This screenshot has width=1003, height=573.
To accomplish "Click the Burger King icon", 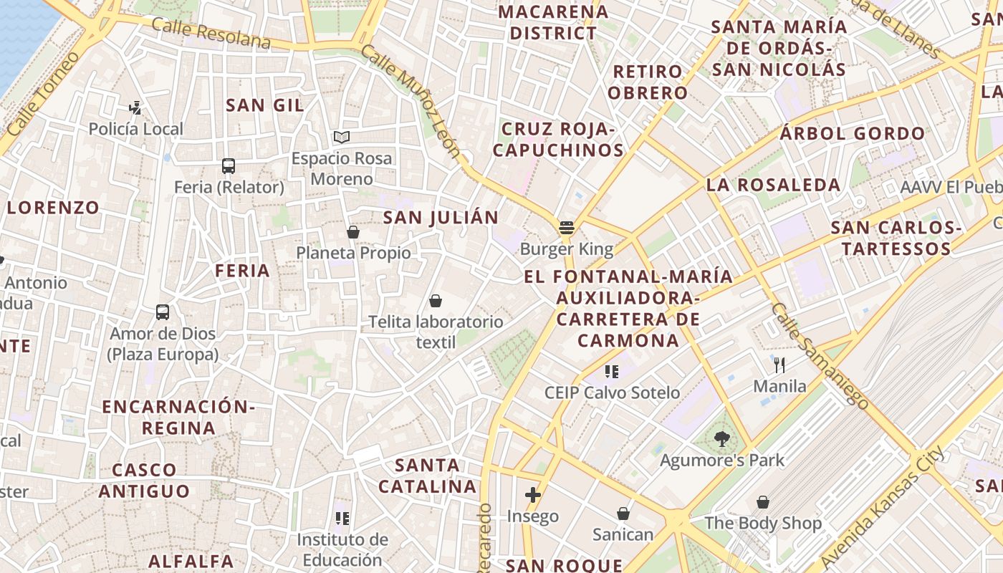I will point(567,228).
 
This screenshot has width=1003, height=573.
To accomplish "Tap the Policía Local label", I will point(136,130).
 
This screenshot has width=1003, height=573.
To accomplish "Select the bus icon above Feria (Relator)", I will point(229,166).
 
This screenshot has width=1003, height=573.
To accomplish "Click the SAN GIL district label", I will point(265,105).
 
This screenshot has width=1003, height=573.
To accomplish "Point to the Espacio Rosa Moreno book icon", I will point(342,137).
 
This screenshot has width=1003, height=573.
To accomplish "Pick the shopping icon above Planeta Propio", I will point(352,232).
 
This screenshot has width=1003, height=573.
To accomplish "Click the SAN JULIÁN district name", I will point(441,218).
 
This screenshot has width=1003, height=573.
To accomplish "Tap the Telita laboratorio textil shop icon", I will point(435,301).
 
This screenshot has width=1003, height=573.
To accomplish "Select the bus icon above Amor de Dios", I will point(163,312).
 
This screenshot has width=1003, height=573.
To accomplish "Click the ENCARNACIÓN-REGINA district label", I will point(178,418).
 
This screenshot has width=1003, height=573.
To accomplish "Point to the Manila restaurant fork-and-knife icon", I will point(779,365).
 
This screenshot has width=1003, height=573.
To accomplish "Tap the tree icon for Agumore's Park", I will point(721,439).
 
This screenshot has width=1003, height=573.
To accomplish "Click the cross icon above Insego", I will point(532,495).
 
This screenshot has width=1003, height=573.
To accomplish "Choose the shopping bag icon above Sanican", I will point(623,514).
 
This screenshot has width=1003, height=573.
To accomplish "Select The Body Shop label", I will point(763,524).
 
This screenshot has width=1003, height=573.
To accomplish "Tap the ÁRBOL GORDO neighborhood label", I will point(853,134).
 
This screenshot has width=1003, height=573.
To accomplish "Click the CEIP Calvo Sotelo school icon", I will point(611,371).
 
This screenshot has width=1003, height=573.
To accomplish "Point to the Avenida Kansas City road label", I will point(883,506).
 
